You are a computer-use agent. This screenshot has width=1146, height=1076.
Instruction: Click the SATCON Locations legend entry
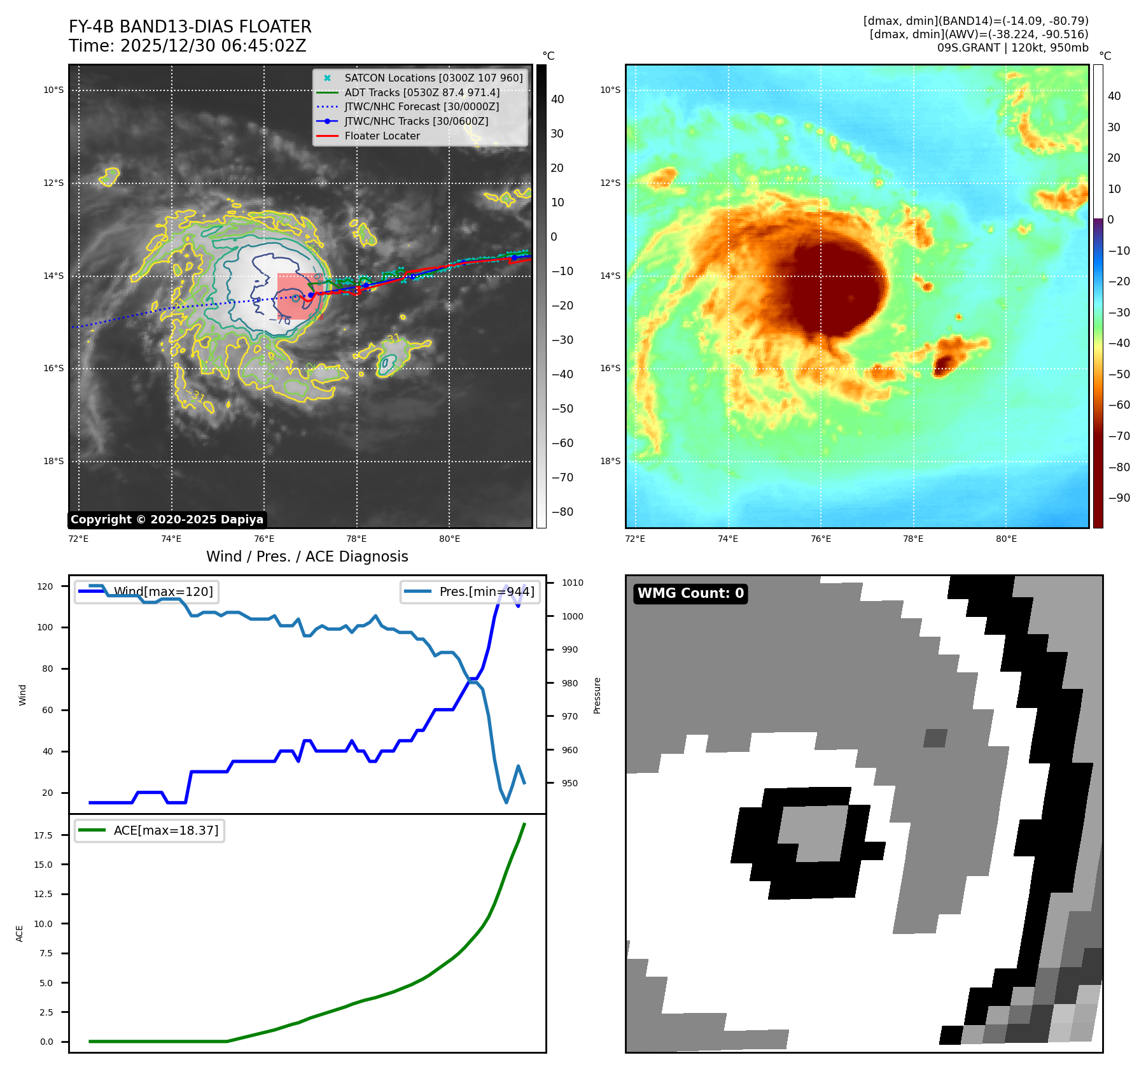tap(433, 78)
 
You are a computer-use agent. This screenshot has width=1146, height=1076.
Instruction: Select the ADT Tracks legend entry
tap(421, 93)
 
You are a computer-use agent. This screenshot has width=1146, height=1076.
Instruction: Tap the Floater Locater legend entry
tap(382, 136)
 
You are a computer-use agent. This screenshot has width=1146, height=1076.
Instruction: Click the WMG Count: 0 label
tap(690, 593)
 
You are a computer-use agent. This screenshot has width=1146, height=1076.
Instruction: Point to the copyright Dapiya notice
tap(167, 520)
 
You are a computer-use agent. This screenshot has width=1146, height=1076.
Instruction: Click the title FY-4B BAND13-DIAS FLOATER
tap(190, 27)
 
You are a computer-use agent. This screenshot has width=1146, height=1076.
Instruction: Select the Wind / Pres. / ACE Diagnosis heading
tap(307, 557)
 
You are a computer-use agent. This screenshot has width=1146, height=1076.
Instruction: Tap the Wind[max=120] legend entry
tap(163, 591)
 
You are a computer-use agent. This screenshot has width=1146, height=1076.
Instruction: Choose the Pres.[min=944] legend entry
tap(486, 591)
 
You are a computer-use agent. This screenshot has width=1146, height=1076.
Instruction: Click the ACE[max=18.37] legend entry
tap(165, 830)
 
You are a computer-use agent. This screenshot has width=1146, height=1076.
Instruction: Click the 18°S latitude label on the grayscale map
tap(53, 462)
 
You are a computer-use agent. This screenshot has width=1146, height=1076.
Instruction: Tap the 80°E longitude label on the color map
tap(1006, 539)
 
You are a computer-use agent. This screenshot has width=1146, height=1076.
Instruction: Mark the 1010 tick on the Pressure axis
tap(572, 583)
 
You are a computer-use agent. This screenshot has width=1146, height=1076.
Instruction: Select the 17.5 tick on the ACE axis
tap(43, 835)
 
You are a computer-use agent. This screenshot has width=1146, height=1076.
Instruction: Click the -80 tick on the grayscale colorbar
tap(562, 512)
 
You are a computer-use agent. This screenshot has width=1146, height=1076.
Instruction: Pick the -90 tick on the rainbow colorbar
tap(1119, 498)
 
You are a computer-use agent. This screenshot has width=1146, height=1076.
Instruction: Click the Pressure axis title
tap(597, 695)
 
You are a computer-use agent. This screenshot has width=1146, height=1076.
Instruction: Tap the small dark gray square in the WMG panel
tap(935, 738)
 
